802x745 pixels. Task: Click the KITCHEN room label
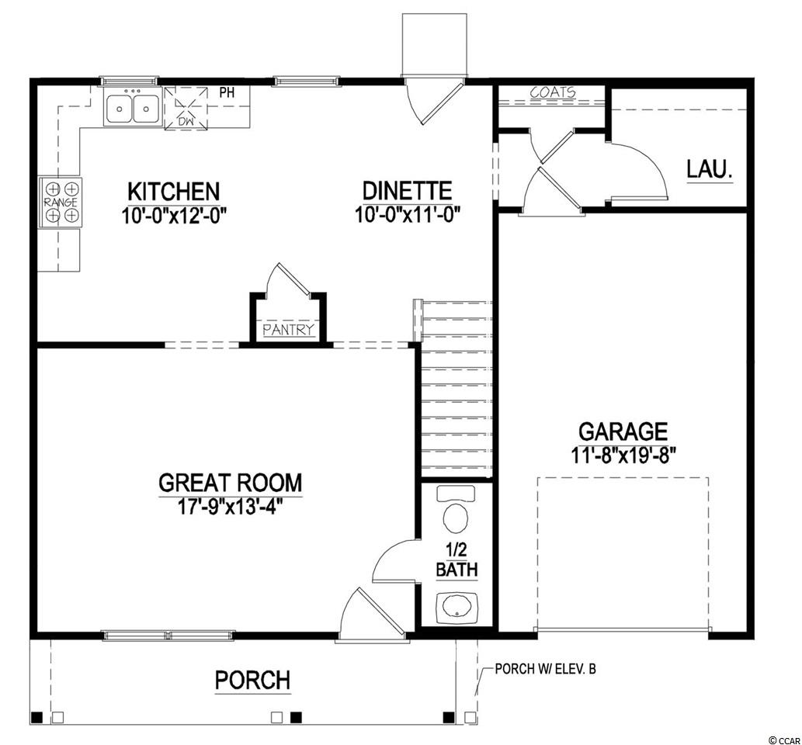click(173, 192)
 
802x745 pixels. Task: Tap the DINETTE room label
click(407, 191)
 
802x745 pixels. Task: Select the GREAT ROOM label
click(230, 483)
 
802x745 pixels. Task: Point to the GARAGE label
click(623, 431)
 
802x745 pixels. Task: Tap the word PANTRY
click(289, 330)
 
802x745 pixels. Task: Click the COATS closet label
click(553, 93)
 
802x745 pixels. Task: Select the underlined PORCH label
click(252, 681)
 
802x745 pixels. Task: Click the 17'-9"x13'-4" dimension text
click(230, 506)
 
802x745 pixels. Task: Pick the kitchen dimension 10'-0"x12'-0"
click(174, 215)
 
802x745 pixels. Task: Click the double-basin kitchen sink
click(133, 106)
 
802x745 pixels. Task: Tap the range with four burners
click(61, 203)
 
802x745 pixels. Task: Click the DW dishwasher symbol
click(186, 108)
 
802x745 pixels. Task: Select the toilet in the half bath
click(456, 509)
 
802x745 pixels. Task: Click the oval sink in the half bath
click(457, 608)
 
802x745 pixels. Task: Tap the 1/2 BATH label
click(457, 560)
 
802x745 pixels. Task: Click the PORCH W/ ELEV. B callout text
click(545, 669)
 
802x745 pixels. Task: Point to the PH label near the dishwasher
click(227, 92)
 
